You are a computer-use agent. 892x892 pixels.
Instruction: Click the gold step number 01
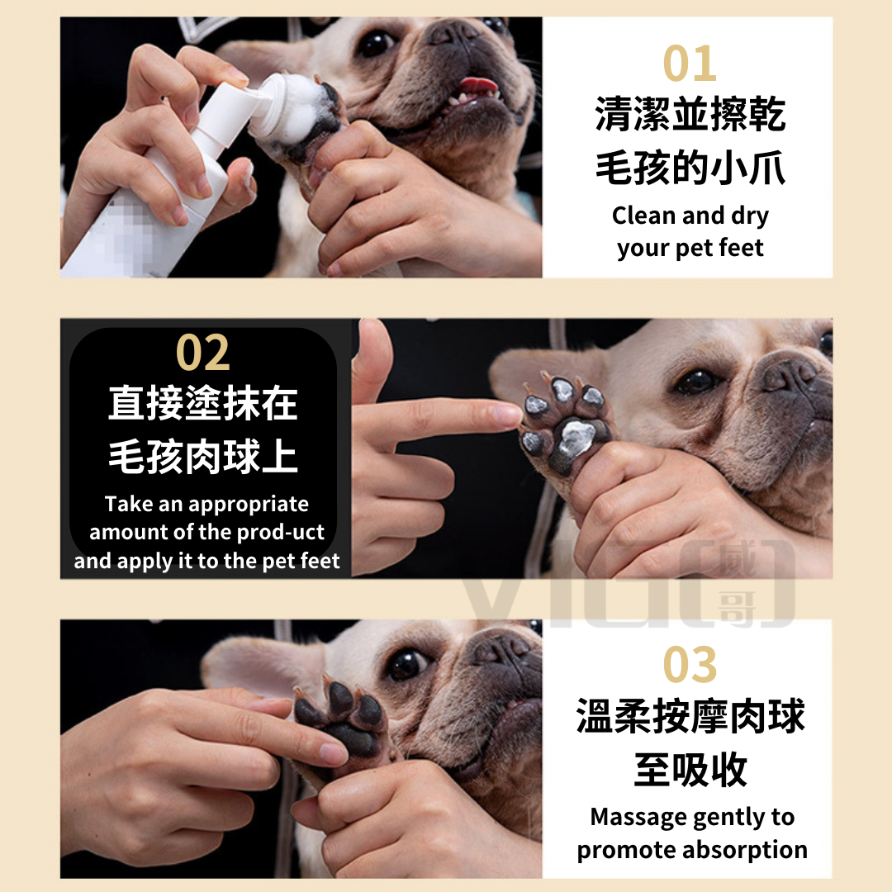(690, 63)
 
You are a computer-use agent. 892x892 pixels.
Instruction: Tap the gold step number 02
(203, 353)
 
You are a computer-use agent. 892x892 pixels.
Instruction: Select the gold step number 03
(690, 664)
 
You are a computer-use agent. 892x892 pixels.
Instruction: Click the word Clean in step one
(643, 216)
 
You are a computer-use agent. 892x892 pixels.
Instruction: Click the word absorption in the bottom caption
(745, 850)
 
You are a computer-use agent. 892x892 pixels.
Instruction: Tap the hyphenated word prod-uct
(281, 532)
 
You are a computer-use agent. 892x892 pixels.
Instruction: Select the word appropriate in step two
(249, 505)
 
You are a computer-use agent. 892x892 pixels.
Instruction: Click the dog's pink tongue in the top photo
(477, 86)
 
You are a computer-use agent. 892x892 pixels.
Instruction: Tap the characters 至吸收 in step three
(690, 769)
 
